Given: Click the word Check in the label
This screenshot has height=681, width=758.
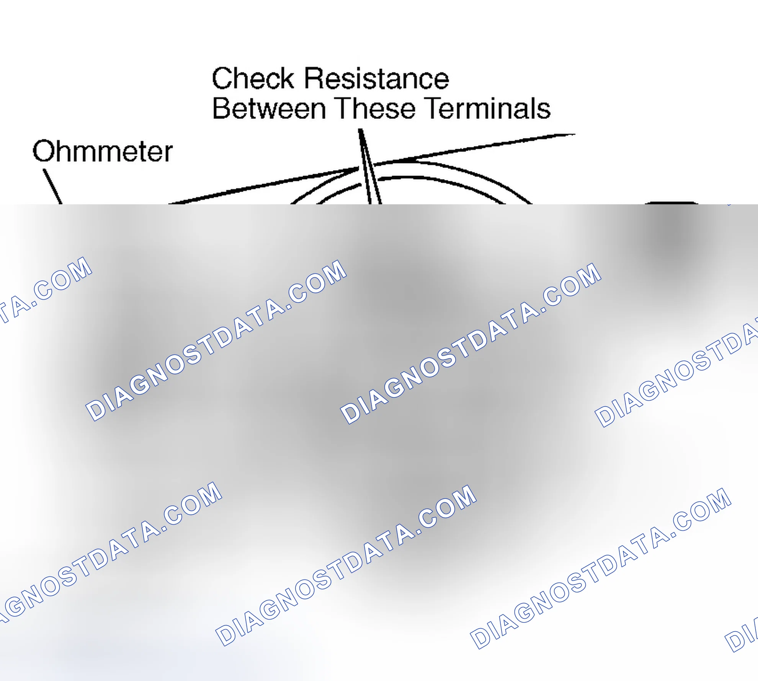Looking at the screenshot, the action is click(253, 78).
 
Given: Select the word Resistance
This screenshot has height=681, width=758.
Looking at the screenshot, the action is click(376, 78).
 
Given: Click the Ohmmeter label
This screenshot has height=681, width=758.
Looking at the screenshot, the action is click(103, 151).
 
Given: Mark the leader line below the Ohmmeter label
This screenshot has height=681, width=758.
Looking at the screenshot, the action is click(52, 187).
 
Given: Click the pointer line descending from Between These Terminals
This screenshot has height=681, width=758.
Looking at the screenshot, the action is click(370, 166).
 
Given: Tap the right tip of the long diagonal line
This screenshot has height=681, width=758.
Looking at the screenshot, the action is click(575, 134).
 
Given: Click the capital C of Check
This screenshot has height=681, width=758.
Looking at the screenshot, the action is click(221, 78).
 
